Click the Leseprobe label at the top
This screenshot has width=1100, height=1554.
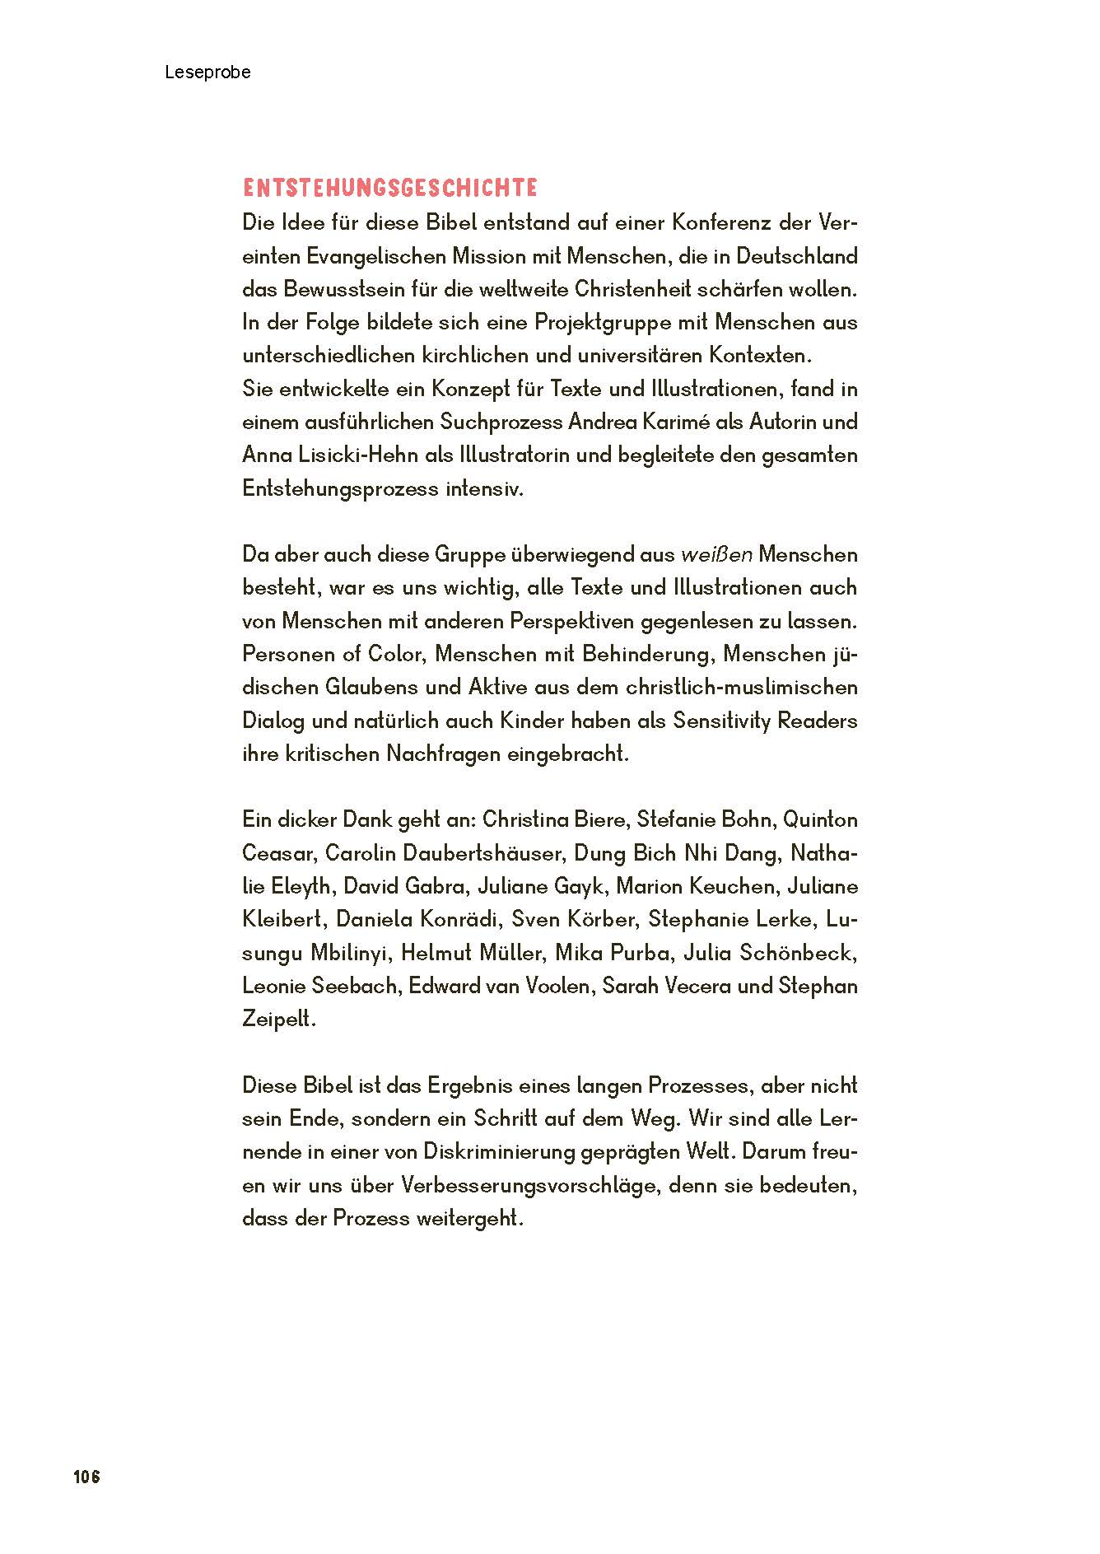click(x=207, y=72)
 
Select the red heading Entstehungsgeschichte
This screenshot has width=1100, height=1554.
click(x=389, y=189)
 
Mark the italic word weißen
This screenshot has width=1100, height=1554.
click(x=716, y=555)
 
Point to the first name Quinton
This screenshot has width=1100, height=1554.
click(x=820, y=820)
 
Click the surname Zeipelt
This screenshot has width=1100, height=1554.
click(x=278, y=1020)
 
